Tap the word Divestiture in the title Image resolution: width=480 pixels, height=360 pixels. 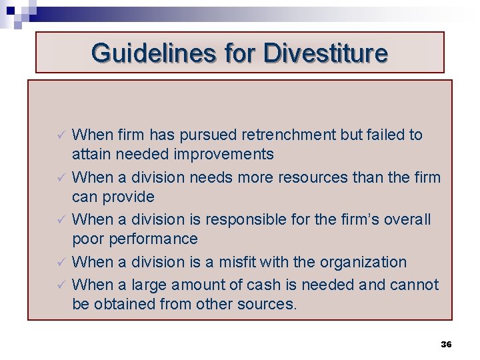click(325, 53)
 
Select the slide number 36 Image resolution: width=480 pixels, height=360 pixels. click(447, 345)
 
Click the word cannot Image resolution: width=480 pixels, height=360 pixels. click(414, 285)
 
